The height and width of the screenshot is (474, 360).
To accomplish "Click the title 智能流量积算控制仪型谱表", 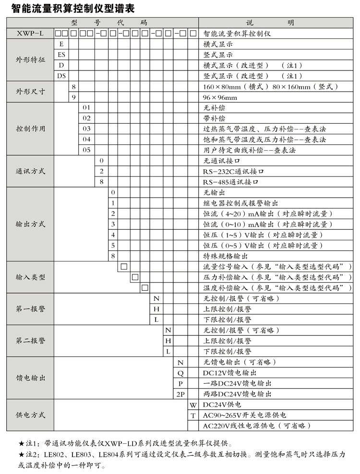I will (x=70, y=9).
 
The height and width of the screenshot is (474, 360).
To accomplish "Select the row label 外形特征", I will (x=30, y=60).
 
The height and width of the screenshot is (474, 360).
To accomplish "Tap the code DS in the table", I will (x=61, y=76).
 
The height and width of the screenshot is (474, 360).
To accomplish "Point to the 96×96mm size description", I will (x=220, y=97).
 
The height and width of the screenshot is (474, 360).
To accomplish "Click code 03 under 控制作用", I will (x=86, y=129).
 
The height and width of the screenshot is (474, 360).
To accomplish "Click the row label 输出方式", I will (x=30, y=224).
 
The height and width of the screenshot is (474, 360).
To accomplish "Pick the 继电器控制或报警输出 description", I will (x=240, y=203).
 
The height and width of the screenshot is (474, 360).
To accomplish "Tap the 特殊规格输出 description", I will (x=226, y=256).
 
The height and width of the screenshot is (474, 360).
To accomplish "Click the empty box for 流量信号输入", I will (x=124, y=266).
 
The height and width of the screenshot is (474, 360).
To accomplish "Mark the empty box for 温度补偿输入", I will (x=144, y=287).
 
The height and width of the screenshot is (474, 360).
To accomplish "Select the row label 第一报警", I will (x=30, y=309).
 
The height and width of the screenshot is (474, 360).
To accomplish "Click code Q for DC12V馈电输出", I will (x=180, y=373).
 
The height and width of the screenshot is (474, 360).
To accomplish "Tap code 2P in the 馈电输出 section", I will (x=180, y=394).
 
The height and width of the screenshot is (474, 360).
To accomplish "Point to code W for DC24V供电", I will (x=193, y=405).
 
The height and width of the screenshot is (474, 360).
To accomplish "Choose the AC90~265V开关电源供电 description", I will (x=244, y=415).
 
